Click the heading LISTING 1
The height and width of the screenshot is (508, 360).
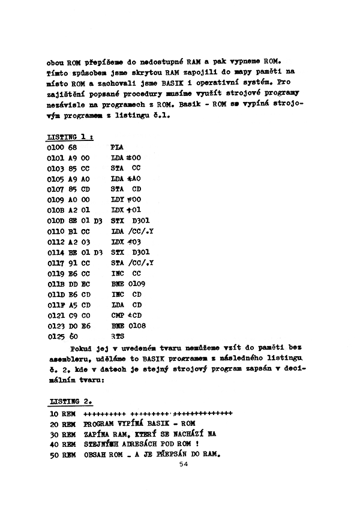coord(70,137)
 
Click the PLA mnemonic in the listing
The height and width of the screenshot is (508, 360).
coord(118,147)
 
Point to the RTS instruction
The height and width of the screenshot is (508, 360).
coord(118,336)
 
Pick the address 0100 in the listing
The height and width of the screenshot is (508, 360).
coord(55,147)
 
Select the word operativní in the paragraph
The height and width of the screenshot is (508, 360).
coord(208,83)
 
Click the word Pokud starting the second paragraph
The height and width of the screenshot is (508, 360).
coord(81,347)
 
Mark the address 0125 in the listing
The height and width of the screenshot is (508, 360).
coord(55,336)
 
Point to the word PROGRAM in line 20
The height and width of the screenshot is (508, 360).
coord(101,423)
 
